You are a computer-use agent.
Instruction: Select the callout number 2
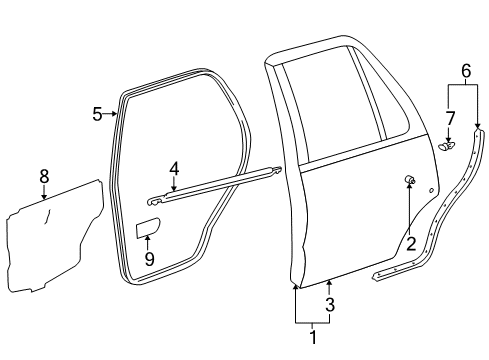(x=410, y=243)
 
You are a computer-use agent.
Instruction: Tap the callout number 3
(x=329, y=304)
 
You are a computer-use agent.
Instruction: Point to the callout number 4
(x=174, y=171)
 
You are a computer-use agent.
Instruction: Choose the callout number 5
(x=97, y=114)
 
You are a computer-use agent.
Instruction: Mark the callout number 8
(x=44, y=176)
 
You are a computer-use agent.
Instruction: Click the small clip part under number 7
(x=446, y=146)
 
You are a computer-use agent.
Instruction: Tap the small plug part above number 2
(x=409, y=180)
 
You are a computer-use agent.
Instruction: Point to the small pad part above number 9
(x=147, y=230)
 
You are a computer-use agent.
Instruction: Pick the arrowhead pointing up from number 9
(x=148, y=240)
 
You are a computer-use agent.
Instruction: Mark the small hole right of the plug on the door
(x=433, y=189)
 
